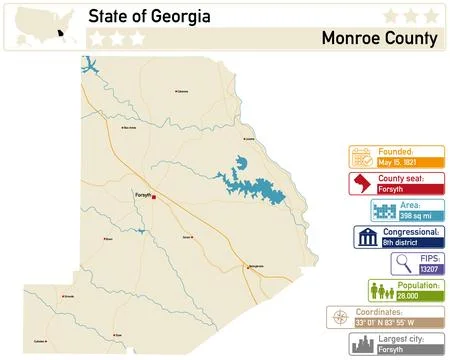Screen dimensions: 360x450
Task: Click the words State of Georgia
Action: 149,17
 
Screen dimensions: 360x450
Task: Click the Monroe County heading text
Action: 380,39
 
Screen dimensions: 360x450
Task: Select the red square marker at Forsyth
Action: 154,195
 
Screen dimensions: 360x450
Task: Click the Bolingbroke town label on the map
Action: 256,266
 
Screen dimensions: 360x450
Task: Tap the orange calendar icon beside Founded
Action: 361,157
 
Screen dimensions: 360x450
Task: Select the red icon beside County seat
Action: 361,184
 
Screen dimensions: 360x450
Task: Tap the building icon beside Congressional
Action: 366,238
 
